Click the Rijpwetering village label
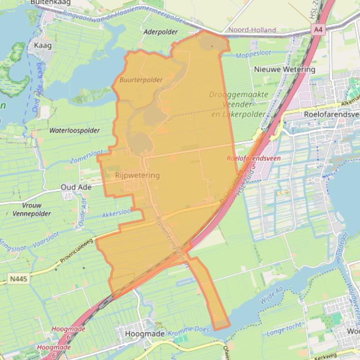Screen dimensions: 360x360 click(x=137, y=175)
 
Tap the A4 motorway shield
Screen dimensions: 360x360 click(x=318, y=29)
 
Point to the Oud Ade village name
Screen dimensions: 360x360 click(x=76, y=187)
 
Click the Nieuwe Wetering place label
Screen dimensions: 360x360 click(x=284, y=69)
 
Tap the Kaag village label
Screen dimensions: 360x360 click(x=43, y=45)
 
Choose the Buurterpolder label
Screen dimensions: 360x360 click(x=141, y=80)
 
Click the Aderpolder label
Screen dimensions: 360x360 click(x=161, y=32)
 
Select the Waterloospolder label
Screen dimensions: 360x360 click(x=74, y=130)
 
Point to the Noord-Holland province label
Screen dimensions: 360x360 click(x=252, y=30)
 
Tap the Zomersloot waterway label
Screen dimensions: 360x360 click(x=87, y=156)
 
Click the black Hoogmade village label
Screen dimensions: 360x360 click(x=145, y=334)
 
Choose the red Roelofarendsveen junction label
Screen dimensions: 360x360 click(x=253, y=158)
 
